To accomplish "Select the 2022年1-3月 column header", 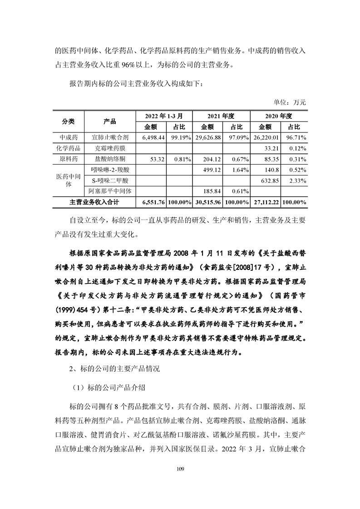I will click(x=164, y=116).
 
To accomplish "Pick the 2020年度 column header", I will click(x=279, y=116).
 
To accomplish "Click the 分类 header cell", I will click(x=69, y=121).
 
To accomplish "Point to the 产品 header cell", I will click(x=109, y=121).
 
